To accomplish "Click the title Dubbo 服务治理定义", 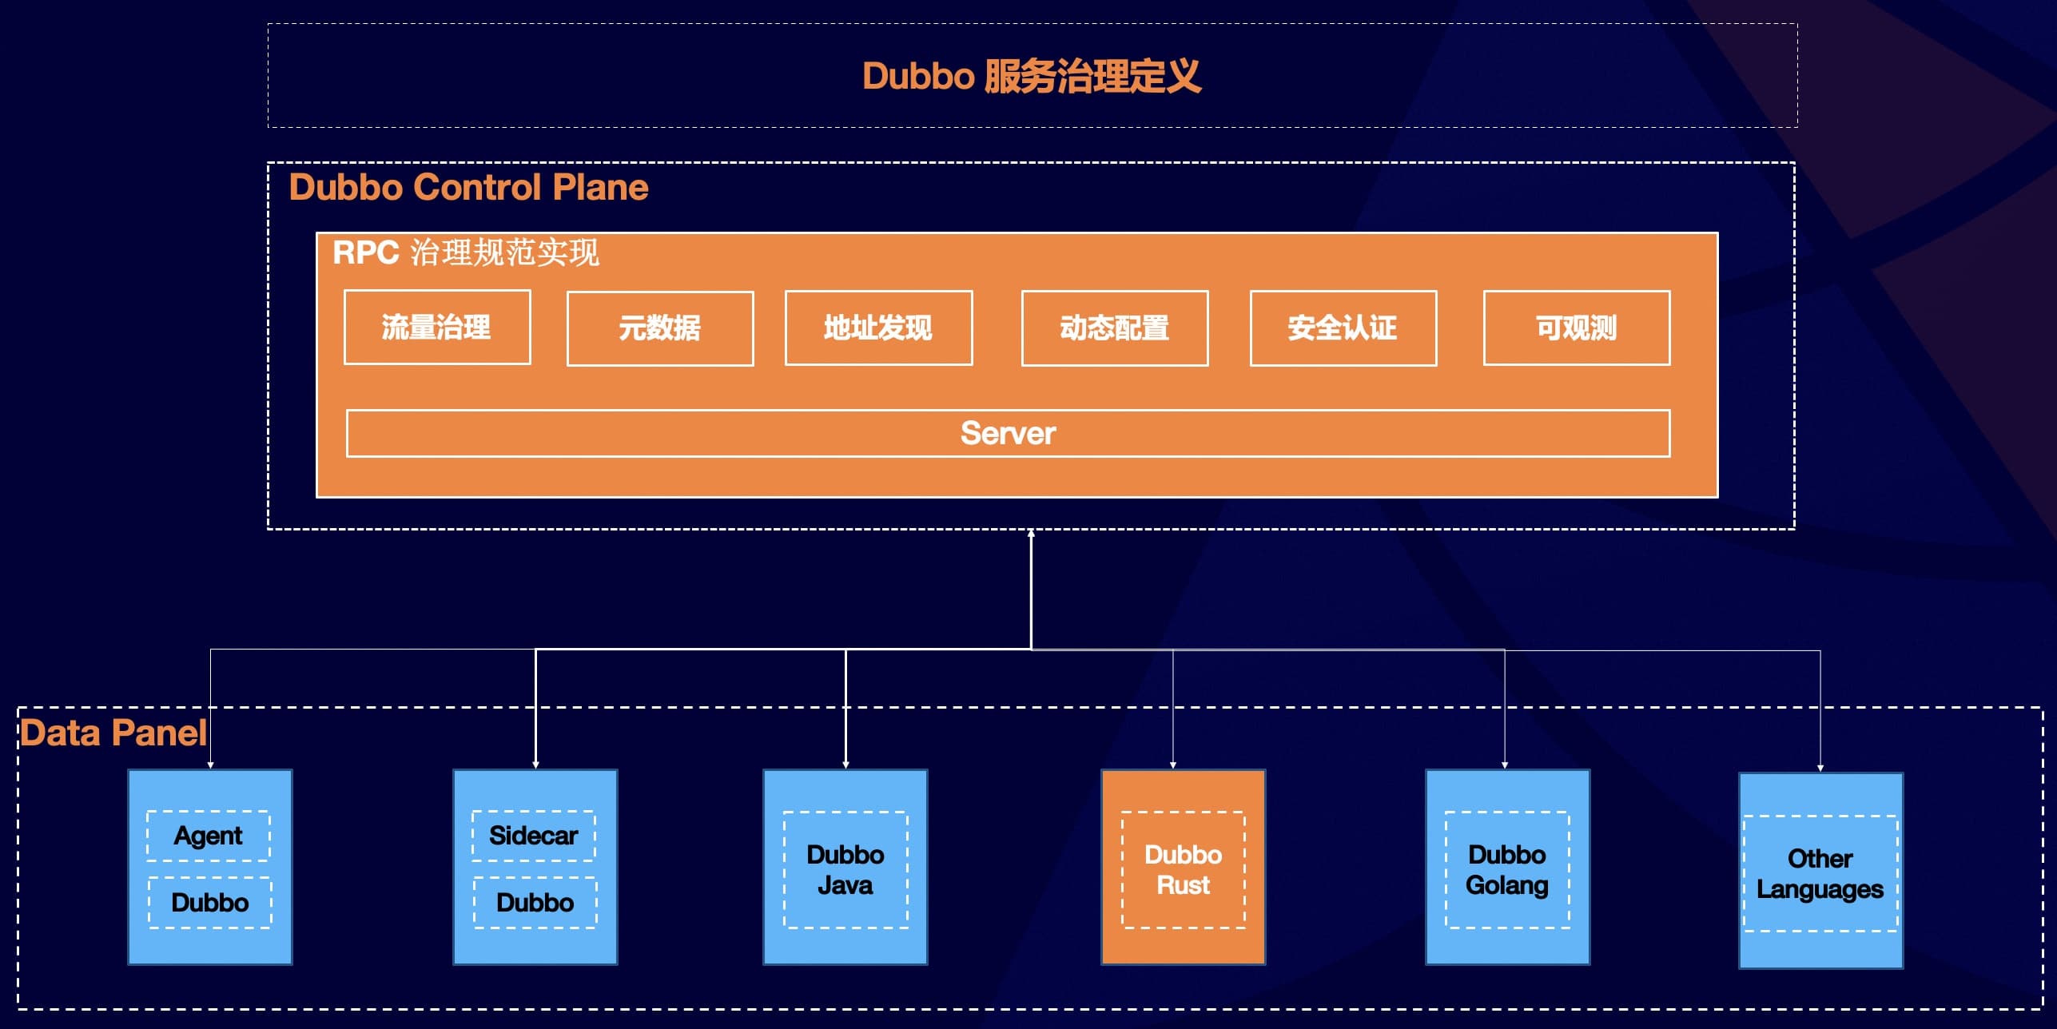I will click(1031, 77).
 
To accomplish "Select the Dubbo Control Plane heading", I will click(468, 188).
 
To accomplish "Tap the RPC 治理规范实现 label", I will click(465, 252).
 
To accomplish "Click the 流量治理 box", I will click(437, 328).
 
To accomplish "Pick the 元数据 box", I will click(660, 328).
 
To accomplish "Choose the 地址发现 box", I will click(878, 328).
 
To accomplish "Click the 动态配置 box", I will click(1115, 328).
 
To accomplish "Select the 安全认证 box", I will click(1343, 328).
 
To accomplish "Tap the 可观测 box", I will click(1576, 328).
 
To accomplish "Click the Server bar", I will click(1008, 434).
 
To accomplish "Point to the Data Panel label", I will click(113, 733).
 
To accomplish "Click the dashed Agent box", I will click(209, 836).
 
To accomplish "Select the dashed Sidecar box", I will click(534, 836).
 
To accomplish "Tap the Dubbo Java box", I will click(845, 869).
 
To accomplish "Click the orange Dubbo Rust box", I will click(1184, 869).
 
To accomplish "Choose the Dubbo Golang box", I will click(1507, 869).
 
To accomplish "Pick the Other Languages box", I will click(1820, 873).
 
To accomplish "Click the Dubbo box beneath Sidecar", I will click(535, 903).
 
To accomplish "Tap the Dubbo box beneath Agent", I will click(210, 903).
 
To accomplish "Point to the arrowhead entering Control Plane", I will click(1031, 534).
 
